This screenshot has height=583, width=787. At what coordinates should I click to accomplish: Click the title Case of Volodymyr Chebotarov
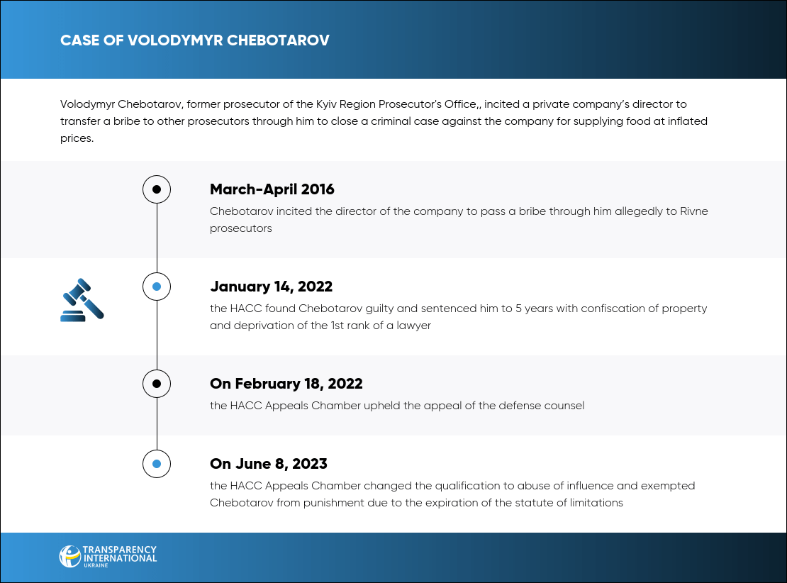click(194, 40)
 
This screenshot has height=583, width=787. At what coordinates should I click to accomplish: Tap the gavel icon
click(82, 300)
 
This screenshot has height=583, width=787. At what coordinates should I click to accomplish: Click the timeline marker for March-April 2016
click(157, 189)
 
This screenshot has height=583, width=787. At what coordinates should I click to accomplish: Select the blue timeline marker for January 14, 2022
click(157, 287)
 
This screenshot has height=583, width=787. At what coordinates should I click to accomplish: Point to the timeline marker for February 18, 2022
click(157, 384)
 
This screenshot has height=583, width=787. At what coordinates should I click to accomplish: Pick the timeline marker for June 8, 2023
click(157, 464)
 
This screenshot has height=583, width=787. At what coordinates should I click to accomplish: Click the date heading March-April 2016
click(272, 189)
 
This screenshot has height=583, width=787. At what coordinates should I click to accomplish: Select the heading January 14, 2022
click(271, 287)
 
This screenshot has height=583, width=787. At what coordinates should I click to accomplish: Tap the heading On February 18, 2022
click(286, 384)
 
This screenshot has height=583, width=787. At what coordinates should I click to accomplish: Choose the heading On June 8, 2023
click(268, 464)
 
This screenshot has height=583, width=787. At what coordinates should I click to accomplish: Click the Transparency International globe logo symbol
click(70, 556)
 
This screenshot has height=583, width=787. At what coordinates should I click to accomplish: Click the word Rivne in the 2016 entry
click(693, 211)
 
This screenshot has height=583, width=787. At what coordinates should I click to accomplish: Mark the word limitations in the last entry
click(594, 503)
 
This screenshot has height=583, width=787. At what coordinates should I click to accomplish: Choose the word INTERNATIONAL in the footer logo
click(120, 557)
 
